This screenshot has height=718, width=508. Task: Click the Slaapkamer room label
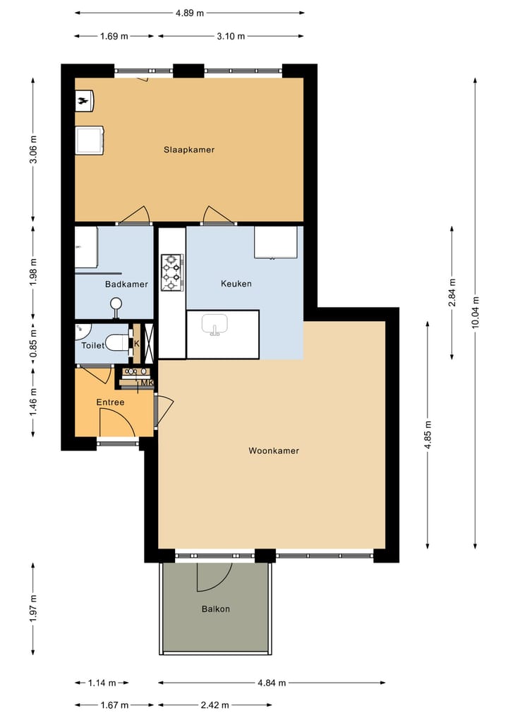click(189, 150)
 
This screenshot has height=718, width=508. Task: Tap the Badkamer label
click(126, 285)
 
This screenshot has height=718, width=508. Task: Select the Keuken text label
click(236, 284)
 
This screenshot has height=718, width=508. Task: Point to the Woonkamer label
click(274, 450)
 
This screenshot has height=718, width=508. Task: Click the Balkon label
click(216, 609)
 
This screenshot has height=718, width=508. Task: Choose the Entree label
click(110, 402)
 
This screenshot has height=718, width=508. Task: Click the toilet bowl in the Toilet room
click(119, 345)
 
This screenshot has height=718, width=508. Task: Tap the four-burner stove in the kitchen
click(172, 273)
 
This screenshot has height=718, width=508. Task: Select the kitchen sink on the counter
click(214, 324)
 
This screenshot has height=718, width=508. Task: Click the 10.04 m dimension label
click(475, 312)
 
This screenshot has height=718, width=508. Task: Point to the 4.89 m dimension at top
click(190, 13)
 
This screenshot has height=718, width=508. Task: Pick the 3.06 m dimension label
click(33, 150)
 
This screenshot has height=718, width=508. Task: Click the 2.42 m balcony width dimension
click(215, 705)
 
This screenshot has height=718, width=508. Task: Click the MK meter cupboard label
click(147, 383)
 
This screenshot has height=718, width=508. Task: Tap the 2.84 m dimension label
click(452, 292)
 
